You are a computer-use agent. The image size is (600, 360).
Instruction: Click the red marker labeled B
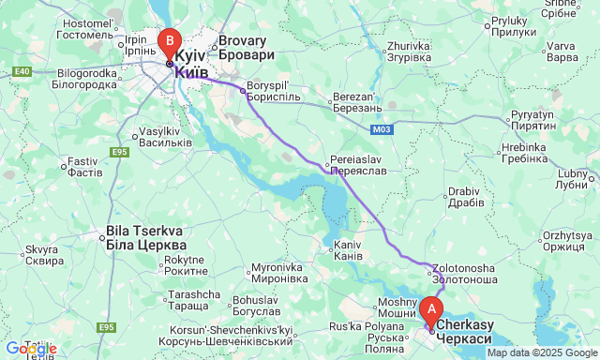tap(169, 42)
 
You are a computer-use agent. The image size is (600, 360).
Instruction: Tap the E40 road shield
tap(22, 70)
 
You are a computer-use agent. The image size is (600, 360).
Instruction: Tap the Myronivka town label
tap(278, 273)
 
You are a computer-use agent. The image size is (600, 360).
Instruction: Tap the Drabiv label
tap(466, 197)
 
